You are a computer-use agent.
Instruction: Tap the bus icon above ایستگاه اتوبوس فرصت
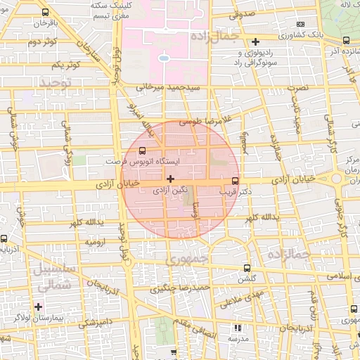(143, 150)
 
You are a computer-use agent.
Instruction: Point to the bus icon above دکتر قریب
(235, 180)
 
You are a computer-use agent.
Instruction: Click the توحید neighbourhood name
(56, 83)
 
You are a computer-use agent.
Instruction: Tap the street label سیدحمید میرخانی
(168, 88)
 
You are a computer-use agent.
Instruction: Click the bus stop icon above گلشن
(245, 269)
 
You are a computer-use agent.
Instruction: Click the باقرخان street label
(42, 23)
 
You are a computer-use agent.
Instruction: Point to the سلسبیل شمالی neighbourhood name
(49, 278)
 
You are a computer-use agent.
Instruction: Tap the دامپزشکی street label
(91, 323)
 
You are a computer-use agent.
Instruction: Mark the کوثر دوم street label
(41, 43)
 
